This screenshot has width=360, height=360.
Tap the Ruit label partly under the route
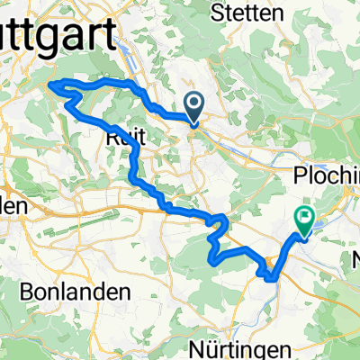point(121,137)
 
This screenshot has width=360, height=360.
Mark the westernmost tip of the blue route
point(49,85)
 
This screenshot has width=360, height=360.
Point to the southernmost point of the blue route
point(270,280)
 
